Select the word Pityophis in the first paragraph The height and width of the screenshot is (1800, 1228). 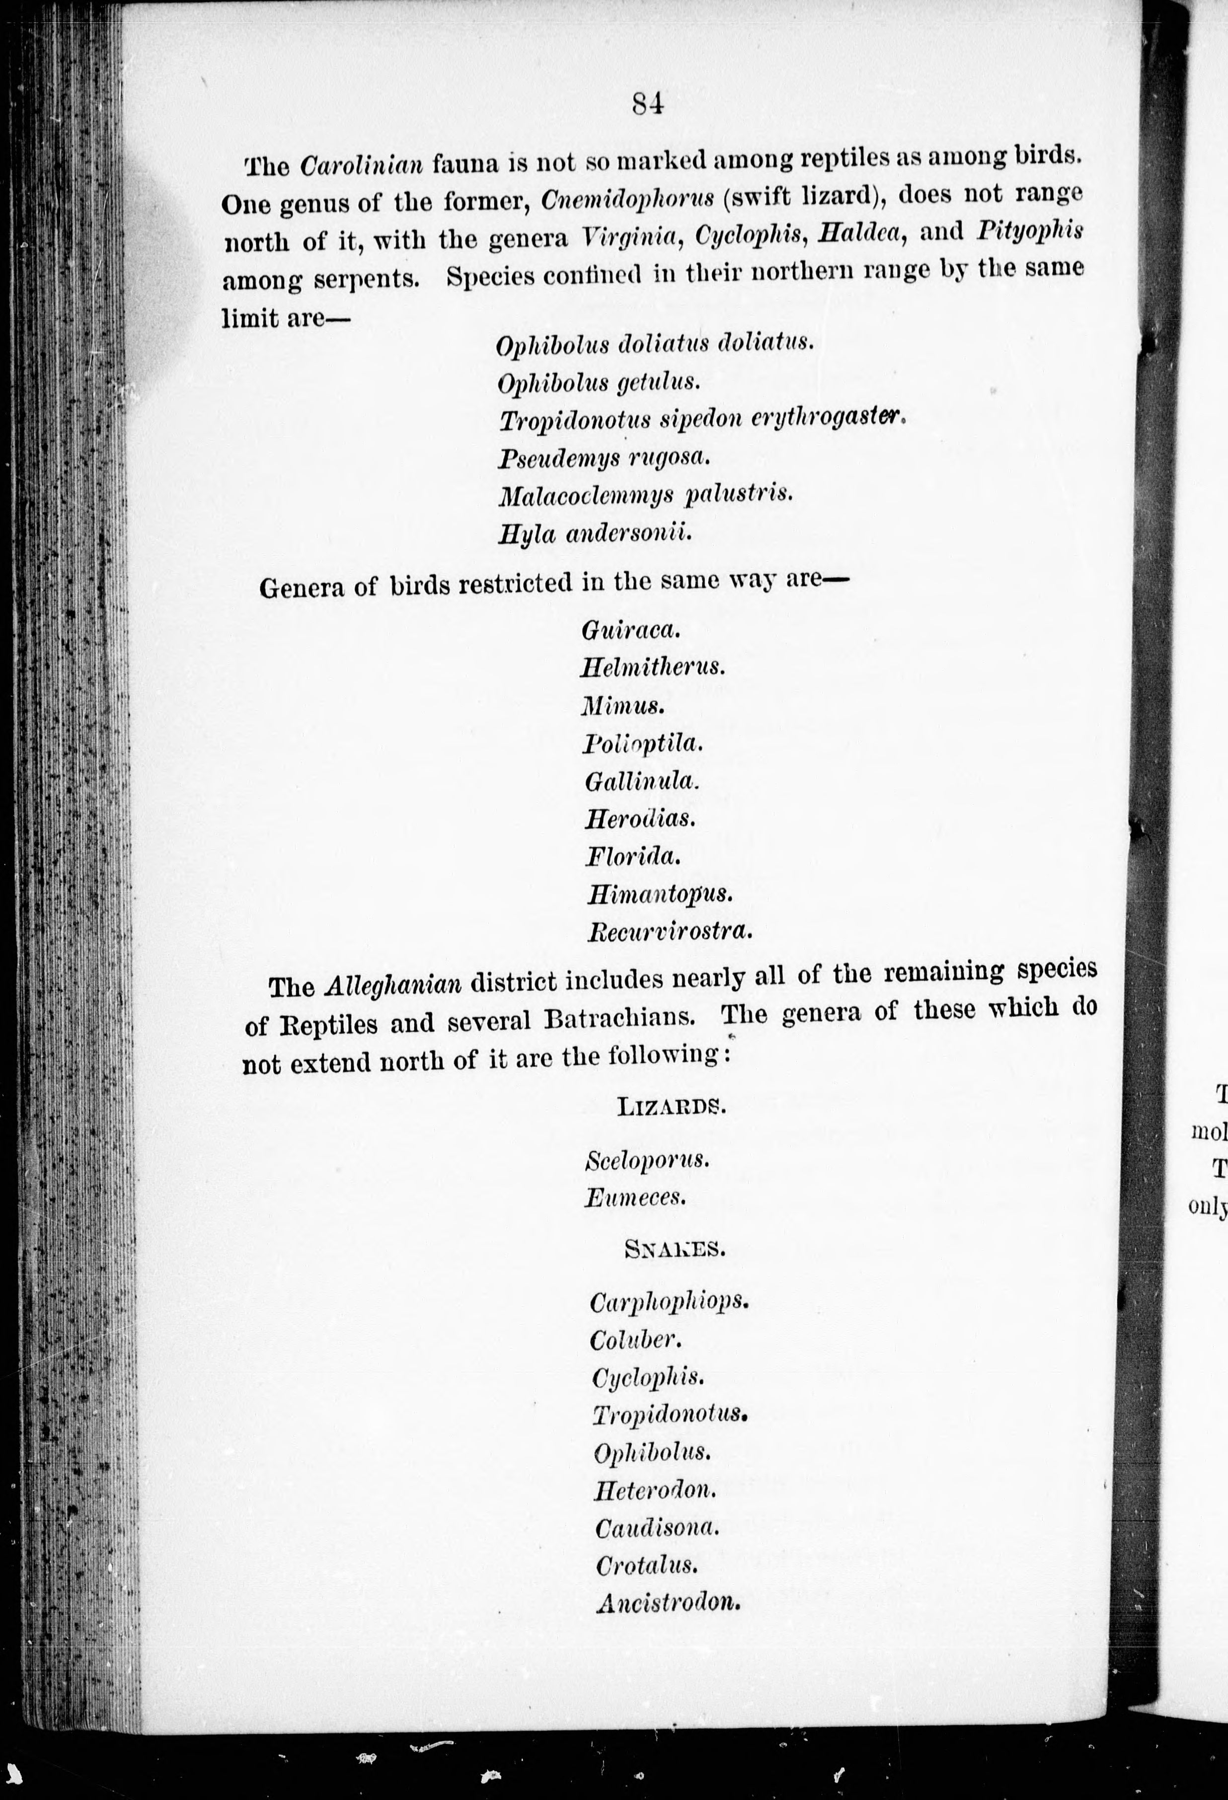tap(1030, 231)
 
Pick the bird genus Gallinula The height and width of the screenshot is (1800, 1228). tap(641, 781)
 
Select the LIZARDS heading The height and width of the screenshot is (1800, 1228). tap(672, 1106)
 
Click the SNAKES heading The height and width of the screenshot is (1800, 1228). tap(675, 1249)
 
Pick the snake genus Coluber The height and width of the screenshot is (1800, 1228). tap(635, 1341)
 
